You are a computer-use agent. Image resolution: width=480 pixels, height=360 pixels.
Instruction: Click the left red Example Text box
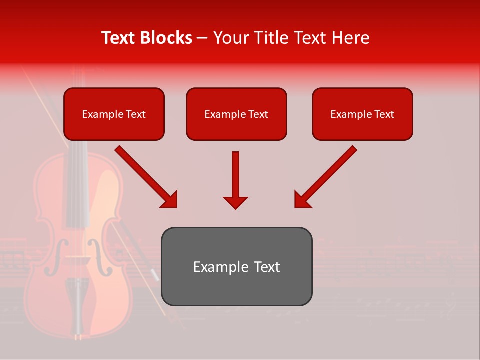114,114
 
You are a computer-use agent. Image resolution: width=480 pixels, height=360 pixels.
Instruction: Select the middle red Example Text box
236,114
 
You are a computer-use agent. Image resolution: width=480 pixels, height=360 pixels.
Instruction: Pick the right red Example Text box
362,114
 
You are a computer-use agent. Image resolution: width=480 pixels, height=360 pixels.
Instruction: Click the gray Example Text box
236,266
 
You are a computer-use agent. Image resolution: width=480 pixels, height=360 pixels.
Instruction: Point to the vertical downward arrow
235,180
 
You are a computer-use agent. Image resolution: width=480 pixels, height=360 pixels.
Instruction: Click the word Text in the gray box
267,267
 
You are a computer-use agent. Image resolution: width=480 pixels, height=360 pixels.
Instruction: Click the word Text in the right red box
384,114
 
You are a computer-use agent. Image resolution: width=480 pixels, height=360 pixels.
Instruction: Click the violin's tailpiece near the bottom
79,300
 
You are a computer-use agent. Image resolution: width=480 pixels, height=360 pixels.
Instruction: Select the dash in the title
202,38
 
